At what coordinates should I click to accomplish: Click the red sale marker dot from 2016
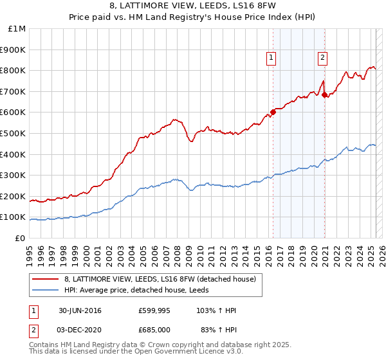click(273, 112)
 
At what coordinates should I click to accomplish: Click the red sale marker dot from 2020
click(324, 94)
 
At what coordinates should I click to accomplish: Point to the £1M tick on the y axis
click(17, 29)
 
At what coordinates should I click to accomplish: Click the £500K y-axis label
click(14, 134)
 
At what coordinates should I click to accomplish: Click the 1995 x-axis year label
click(30, 251)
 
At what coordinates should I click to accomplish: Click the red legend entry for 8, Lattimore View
click(161, 278)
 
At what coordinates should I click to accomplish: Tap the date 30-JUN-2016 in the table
click(80, 310)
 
